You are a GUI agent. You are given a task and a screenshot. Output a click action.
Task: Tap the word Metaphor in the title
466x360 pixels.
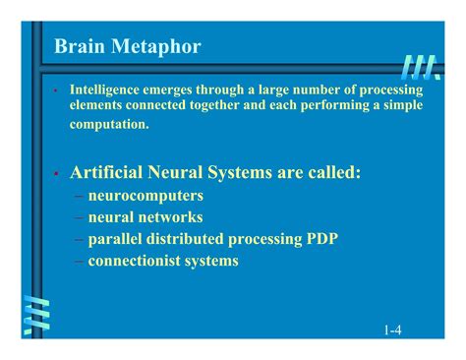point(156,46)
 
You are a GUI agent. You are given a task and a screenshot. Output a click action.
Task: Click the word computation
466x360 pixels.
point(109,124)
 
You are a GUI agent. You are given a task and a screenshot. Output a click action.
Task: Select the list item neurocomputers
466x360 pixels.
point(146,196)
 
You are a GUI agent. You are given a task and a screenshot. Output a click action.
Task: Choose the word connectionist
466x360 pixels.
point(133,261)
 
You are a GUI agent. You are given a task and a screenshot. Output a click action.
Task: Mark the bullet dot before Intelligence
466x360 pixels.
point(57,90)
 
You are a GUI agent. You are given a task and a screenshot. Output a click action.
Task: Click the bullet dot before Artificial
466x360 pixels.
point(57,174)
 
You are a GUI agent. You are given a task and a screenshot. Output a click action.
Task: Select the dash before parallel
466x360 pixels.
point(78,239)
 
